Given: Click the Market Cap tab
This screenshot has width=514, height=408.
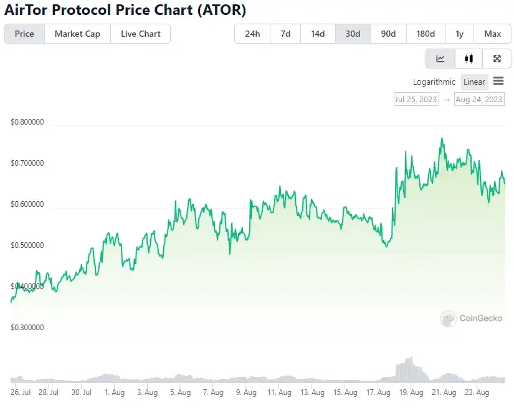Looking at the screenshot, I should coord(77,34).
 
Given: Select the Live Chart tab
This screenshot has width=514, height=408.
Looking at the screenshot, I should coord(140,34).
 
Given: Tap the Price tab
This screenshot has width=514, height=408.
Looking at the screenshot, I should coord(24,34).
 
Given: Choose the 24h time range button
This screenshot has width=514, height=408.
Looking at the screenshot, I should coord(252,34).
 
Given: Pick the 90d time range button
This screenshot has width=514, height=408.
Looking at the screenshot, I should coord(388,34).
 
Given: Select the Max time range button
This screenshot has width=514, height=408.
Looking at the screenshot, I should coord(492,34).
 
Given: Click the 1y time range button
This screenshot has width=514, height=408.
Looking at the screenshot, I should coord(459,34).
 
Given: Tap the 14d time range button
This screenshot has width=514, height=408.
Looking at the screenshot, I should coord(318,34).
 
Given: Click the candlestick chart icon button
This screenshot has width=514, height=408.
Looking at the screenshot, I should coord(469,59).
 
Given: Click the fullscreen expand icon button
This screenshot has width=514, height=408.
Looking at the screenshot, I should coord(497,59).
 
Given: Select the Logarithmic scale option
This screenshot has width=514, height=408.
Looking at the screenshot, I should coord(434,82).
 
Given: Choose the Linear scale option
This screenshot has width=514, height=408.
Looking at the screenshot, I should coord(474,82).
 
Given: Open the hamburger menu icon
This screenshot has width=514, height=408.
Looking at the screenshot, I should coord(498,81).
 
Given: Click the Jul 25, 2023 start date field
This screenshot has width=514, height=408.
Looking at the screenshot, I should coord(416,99).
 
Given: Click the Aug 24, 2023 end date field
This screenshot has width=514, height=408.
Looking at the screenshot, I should coord(478,99).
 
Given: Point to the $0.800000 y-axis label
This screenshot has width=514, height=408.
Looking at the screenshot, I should coord(27,122).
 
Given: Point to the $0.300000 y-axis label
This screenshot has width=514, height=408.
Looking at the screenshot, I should coord(27,327).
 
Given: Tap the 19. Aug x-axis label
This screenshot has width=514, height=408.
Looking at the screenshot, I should coord(411,392).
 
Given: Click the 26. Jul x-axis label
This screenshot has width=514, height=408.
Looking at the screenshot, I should coord(21,392).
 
